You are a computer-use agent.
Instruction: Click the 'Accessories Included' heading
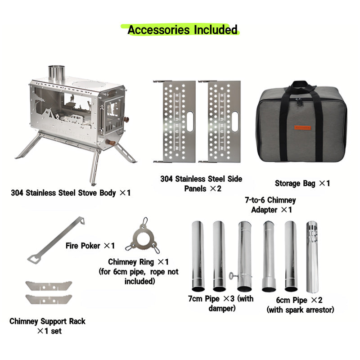[x=182, y=30]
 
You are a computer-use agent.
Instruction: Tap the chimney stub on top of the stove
[x=57, y=72]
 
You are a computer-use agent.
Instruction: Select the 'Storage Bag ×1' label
[x=302, y=183]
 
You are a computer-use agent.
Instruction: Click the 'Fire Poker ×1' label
[x=90, y=246]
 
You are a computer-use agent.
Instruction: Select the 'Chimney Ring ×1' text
[x=138, y=262]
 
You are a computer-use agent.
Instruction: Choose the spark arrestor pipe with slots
[x=312, y=256]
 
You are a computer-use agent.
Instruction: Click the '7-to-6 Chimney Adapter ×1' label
[x=270, y=204]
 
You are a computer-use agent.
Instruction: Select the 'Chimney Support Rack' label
[x=47, y=321]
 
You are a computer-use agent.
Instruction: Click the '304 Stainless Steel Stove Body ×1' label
[x=71, y=193]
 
